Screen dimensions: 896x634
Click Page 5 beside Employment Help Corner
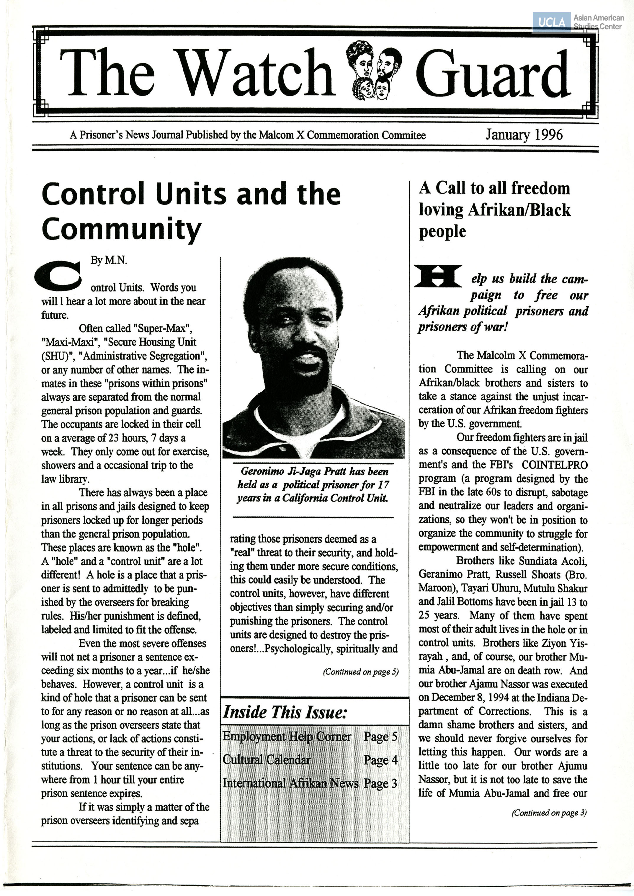pos(380,736)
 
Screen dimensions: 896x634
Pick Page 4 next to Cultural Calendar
pos(380,760)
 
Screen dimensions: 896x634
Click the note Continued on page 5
pos(360,672)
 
